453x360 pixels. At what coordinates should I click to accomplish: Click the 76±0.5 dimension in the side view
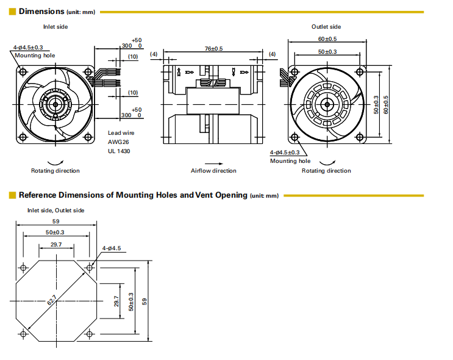pyautogui.click(x=213, y=48)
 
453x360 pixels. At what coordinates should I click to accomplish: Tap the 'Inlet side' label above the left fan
pyautogui.click(x=55, y=27)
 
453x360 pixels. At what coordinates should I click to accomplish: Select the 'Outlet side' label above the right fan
pyautogui.click(x=326, y=27)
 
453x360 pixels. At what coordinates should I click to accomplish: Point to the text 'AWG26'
pyautogui.click(x=118, y=142)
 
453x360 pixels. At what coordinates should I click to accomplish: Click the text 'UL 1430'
pyautogui.click(x=119, y=151)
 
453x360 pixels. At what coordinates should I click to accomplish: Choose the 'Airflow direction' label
pyautogui.click(x=213, y=171)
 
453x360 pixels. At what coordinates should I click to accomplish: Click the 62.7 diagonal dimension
pyautogui.click(x=51, y=300)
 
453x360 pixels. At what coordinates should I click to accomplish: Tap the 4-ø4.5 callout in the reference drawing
pyautogui.click(x=112, y=248)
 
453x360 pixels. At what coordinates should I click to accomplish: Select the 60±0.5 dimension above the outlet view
pyautogui.click(x=327, y=39)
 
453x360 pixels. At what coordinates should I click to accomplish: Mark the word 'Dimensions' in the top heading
pyautogui.click(x=41, y=11)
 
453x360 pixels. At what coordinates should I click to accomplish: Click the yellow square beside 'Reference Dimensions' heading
pyautogui.click(x=13, y=195)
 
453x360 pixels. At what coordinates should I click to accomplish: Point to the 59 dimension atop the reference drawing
pyautogui.click(x=55, y=221)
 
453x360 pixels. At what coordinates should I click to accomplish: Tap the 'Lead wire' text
pyautogui.click(x=121, y=132)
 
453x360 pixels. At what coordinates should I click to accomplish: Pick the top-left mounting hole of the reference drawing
pyautogui.click(x=23, y=267)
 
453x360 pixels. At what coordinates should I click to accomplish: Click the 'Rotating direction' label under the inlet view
pyautogui.click(x=55, y=171)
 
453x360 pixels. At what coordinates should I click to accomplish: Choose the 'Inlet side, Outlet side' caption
pyautogui.click(x=55, y=211)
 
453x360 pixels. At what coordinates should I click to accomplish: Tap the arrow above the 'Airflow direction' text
pyautogui.click(x=213, y=164)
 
